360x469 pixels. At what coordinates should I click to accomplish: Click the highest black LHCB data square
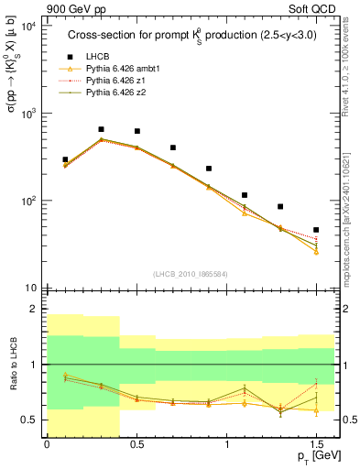101,129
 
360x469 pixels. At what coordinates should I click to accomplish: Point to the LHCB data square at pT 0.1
65,159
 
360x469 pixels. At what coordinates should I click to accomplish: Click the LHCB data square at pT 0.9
209,169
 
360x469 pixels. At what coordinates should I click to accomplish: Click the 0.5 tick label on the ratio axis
29,420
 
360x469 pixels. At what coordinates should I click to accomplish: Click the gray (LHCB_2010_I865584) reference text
190,274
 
